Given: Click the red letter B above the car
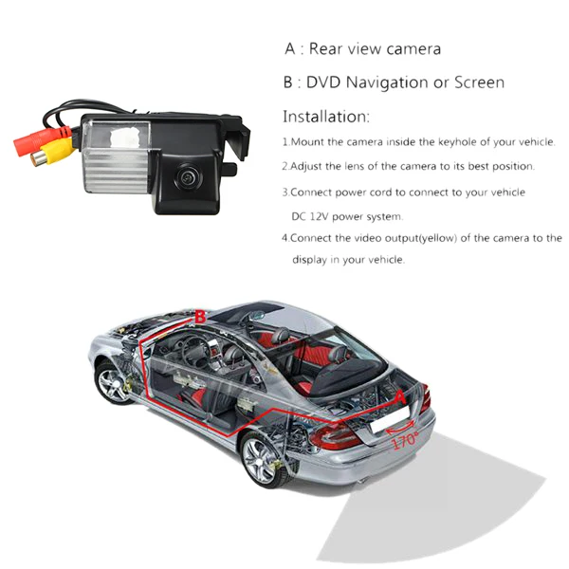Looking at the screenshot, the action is tap(199, 317).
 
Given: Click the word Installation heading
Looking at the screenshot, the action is tap(325, 117).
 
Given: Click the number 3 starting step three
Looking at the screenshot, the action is tap(284, 193).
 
